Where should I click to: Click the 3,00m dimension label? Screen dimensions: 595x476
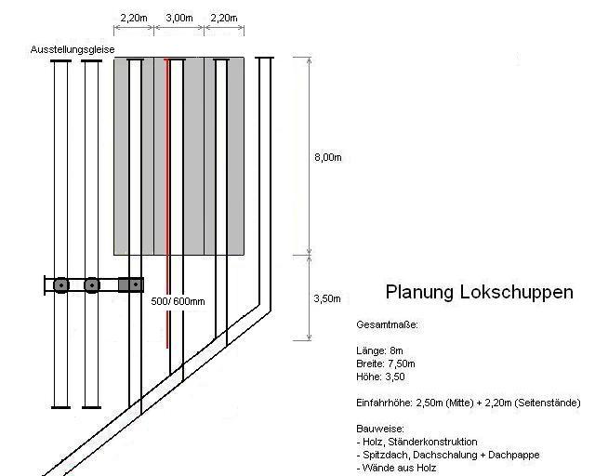(179, 18)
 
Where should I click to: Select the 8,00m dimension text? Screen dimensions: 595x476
(328, 157)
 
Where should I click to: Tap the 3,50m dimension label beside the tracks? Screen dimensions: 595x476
(327, 298)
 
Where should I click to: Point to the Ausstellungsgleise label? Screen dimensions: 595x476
(73, 49)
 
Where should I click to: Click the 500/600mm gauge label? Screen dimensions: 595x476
(178, 301)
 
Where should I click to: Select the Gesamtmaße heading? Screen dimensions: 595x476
(387, 324)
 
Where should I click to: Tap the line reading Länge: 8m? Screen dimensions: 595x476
(379, 350)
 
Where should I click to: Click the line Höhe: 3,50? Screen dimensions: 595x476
(380, 377)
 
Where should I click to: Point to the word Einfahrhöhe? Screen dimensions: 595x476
(384, 403)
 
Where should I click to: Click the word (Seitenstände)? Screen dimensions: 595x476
(548, 403)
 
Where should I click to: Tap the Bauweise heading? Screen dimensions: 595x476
(380, 429)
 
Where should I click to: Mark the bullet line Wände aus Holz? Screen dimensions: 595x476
(396, 468)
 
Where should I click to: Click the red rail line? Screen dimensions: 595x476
(166, 203)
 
